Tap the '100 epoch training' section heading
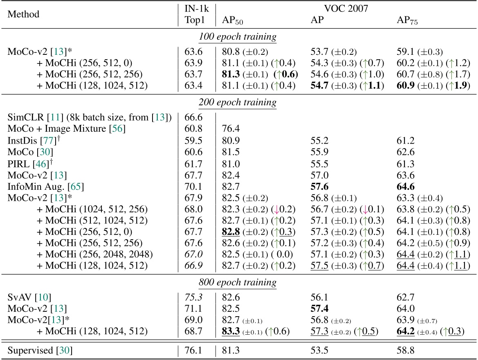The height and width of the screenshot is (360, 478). coord(238,37)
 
